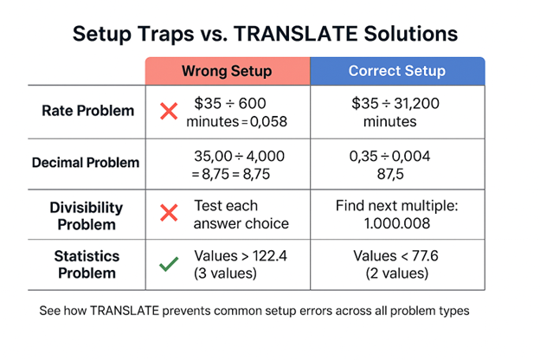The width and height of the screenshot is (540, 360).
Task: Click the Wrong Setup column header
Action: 226,71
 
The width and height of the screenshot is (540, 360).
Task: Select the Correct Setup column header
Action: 395,71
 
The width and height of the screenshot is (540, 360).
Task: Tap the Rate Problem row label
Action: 87,111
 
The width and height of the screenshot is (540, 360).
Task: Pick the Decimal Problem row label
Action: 85,162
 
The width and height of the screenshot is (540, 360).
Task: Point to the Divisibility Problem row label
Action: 85,215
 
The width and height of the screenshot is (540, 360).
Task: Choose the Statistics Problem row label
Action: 85,264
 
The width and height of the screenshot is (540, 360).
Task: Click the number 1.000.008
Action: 396,224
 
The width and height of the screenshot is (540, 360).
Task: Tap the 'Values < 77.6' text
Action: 395,256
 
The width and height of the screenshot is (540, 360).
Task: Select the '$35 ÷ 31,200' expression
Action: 396,104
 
